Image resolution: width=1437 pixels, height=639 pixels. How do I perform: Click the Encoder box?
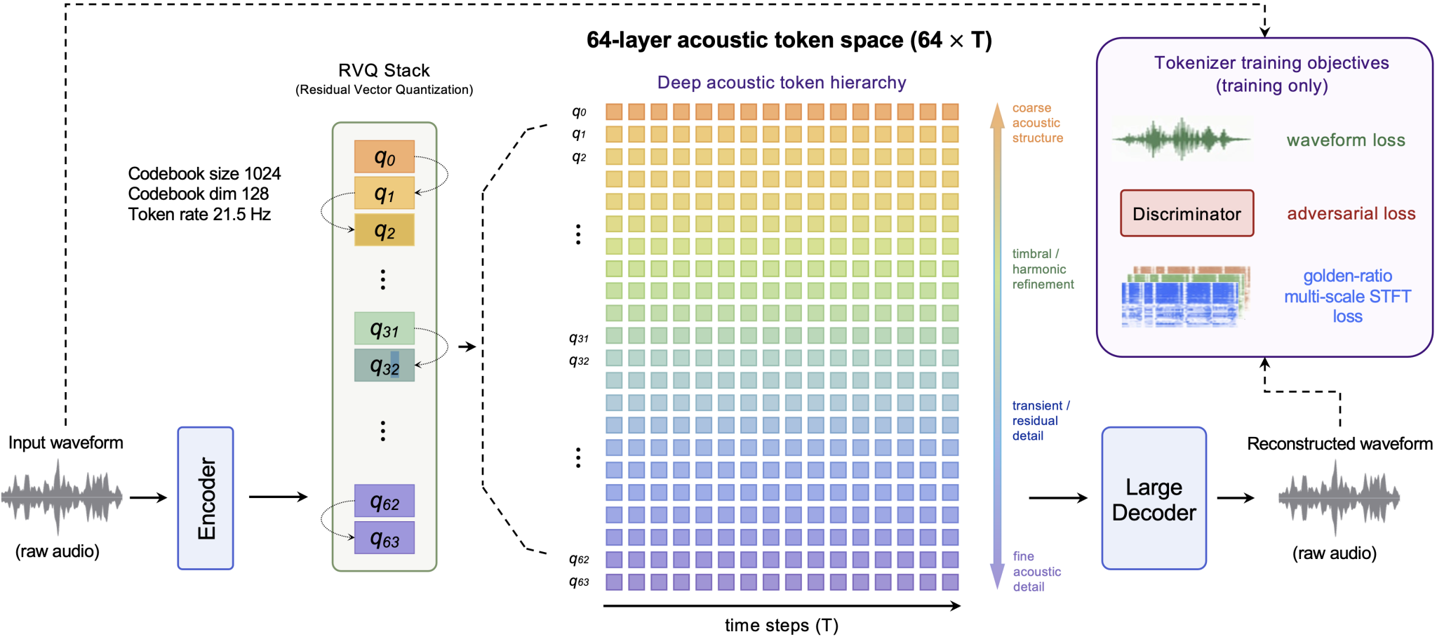point(206,498)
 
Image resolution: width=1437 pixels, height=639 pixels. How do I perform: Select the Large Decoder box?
point(1154,498)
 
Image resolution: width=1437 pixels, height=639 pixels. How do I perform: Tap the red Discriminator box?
point(1187,213)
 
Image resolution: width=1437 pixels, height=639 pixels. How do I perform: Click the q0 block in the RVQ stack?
point(385,156)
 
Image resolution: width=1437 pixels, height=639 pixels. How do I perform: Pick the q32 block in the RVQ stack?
point(385,365)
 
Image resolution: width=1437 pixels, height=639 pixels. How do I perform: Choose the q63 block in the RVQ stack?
point(385,538)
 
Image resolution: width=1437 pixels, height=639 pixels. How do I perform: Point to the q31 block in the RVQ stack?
point(385,328)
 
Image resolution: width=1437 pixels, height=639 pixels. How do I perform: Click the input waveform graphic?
point(62,497)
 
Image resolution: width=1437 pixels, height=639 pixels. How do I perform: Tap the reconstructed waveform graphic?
point(1339,497)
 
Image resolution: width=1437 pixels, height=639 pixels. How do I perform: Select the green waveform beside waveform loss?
point(1182,139)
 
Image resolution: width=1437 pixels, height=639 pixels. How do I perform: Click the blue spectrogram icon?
point(1186,297)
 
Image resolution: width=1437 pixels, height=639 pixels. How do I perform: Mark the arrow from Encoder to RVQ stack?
point(279,497)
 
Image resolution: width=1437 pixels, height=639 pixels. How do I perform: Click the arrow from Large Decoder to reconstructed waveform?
point(1236,498)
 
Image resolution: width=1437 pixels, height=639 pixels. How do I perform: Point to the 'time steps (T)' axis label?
point(782,625)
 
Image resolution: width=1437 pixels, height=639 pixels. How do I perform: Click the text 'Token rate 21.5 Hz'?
point(199,214)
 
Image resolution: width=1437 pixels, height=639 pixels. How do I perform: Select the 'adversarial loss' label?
point(1351,213)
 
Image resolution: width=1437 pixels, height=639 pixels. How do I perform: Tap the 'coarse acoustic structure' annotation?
point(1038,123)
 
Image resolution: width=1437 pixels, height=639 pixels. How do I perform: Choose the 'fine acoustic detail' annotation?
point(1037,572)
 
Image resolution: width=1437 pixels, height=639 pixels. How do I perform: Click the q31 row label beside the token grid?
point(579,338)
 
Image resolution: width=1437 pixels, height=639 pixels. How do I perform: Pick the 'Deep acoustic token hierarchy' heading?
point(782,83)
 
